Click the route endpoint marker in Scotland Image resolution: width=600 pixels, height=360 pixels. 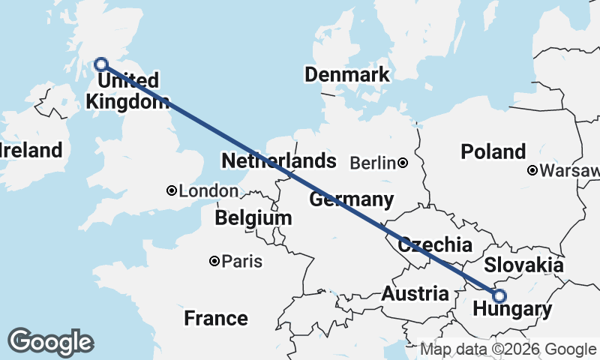(100, 64)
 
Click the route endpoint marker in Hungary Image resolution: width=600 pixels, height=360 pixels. (499, 295)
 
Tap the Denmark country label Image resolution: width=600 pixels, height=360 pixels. (346, 74)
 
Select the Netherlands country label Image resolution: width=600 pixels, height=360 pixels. (278, 160)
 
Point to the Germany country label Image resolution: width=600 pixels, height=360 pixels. (351, 199)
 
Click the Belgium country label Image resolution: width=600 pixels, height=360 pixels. (253, 218)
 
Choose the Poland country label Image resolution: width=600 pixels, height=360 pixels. (493, 152)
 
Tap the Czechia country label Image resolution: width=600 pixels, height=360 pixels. (435, 244)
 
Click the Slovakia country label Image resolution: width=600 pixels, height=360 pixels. (523, 265)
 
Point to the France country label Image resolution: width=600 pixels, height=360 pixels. (216, 319)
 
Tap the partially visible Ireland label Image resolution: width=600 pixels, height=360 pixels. (30, 150)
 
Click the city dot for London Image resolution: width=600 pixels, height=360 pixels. (172, 191)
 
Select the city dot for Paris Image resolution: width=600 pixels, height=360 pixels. (214, 261)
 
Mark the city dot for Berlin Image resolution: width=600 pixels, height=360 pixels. (403, 163)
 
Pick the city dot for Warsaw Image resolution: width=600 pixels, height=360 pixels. (532, 170)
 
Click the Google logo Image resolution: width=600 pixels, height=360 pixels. (50, 342)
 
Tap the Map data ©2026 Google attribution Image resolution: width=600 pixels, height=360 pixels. (508, 349)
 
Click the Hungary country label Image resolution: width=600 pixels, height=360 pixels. (513, 309)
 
